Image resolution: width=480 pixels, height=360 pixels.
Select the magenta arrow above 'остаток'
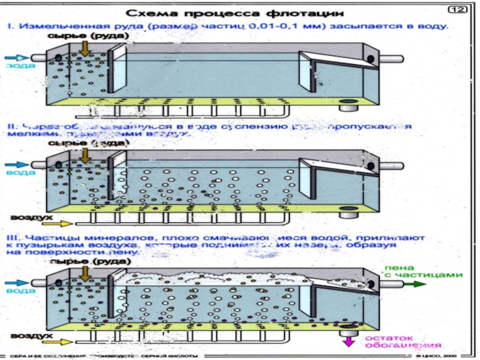(347, 341)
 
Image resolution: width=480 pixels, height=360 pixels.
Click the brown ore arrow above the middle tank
(85, 155)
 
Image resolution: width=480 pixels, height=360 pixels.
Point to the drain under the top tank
(347, 107)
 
